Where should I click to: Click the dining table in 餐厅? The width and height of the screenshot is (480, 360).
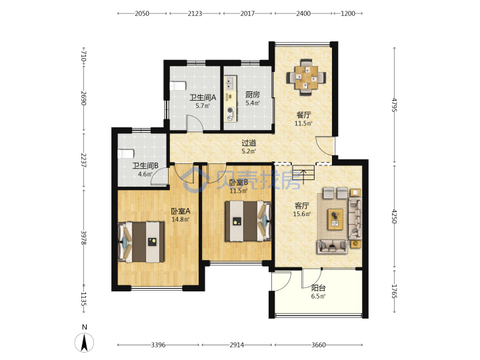(x=306, y=78)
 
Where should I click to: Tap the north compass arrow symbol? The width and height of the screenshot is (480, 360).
(x=84, y=343)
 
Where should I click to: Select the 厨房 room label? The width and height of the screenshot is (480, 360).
(x=253, y=95)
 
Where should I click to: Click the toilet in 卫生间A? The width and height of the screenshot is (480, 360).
(x=178, y=86)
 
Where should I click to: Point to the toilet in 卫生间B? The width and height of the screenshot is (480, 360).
(x=126, y=154)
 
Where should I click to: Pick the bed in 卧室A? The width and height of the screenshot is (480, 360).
(x=141, y=242)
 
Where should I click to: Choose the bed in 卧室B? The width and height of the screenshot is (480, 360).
(x=248, y=221)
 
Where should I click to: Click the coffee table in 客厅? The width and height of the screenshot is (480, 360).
(x=335, y=219)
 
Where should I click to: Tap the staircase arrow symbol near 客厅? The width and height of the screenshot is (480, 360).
(x=303, y=175)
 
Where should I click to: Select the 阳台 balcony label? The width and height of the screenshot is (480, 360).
(x=319, y=288)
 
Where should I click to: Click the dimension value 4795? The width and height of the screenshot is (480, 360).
(x=395, y=105)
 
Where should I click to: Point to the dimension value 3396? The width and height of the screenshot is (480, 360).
(x=158, y=345)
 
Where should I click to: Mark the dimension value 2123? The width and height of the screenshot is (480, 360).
(x=195, y=13)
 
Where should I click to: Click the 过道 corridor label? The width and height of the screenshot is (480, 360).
(x=249, y=143)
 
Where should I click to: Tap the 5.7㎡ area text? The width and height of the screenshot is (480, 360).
(x=203, y=106)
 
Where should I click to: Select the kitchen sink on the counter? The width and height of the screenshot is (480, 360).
(x=230, y=83)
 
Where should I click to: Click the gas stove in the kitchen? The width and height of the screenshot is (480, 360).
(x=230, y=113)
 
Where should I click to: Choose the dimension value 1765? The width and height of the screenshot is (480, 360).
(x=395, y=291)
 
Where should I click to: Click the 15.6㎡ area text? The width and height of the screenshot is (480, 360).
(x=302, y=214)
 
